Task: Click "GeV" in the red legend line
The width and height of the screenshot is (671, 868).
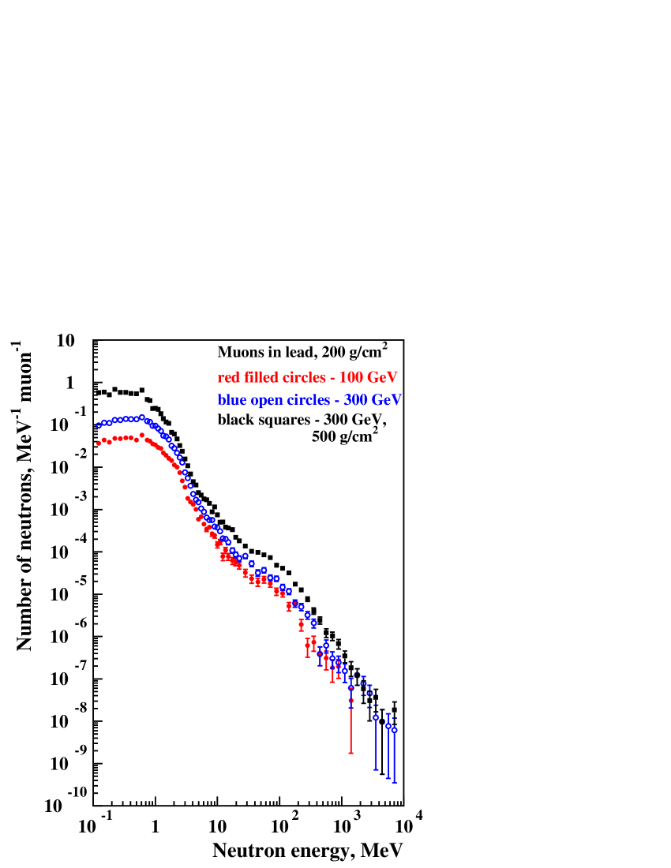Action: pos(382,378)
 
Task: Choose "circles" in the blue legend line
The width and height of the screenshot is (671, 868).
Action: pos(308,400)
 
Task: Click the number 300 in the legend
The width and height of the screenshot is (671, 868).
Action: pos(356,400)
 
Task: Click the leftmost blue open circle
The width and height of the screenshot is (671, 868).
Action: pos(99,425)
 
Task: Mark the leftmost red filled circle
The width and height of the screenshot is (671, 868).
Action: pos(99,443)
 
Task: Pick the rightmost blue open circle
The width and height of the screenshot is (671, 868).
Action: pos(394,731)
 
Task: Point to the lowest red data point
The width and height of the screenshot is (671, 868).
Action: pos(350,700)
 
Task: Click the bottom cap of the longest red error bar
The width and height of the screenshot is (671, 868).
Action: pos(350,753)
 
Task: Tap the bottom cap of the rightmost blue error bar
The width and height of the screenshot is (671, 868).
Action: pos(394,782)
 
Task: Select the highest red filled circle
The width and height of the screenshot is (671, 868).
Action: pos(142,434)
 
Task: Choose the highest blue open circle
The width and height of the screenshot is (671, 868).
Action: pos(142,417)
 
